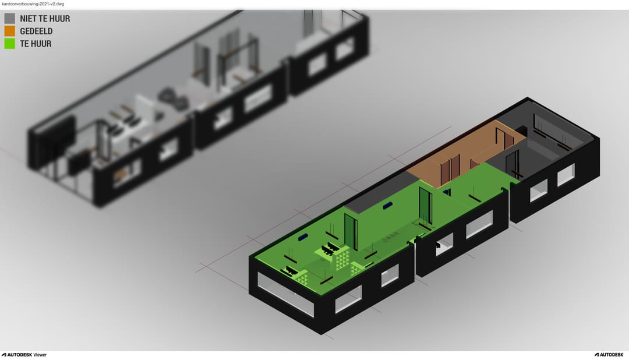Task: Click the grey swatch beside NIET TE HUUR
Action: (10, 19)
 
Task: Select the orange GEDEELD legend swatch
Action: (10, 31)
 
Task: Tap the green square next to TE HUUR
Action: (10, 43)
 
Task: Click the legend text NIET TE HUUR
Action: (45, 19)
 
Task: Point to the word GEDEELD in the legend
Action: (36, 31)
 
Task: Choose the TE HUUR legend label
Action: (36, 43)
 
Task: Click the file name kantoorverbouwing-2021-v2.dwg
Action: (33, 3)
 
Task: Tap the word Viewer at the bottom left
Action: (40, 355)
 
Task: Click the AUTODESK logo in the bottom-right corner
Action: (609, 355)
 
